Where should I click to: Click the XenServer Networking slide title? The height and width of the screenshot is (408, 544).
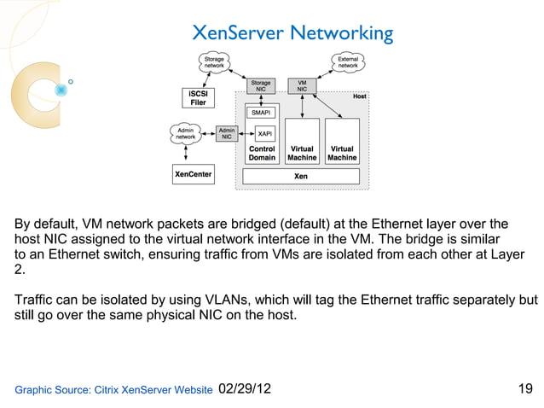292,33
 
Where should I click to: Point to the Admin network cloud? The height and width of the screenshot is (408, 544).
185,133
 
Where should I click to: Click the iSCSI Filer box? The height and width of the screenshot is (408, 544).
197,97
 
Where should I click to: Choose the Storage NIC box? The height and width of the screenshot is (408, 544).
261,86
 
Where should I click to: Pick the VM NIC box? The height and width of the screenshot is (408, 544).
302,86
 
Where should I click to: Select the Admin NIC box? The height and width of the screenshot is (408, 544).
227,133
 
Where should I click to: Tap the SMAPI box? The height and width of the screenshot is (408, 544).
261,113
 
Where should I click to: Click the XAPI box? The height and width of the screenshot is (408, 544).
264,134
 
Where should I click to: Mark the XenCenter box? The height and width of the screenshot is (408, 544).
194,175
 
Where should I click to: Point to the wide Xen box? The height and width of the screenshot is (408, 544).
301,177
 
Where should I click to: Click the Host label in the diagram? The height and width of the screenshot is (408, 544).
360,97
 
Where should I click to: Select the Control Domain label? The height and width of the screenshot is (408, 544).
262,153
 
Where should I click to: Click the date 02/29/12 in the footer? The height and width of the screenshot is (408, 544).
245,389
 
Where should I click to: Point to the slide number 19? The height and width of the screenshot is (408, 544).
525,389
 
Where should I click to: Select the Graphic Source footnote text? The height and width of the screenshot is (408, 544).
113,390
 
